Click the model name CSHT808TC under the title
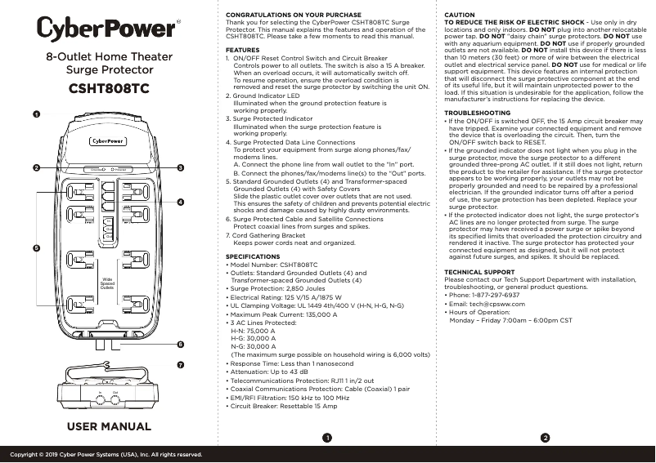(108, 89)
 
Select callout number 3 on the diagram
(180, 167)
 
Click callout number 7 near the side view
(180, 363)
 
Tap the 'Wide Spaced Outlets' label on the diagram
(107, 283)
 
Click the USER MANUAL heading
(109, 427)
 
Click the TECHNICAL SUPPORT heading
(479, 271)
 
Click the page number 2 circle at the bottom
(545, 439)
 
